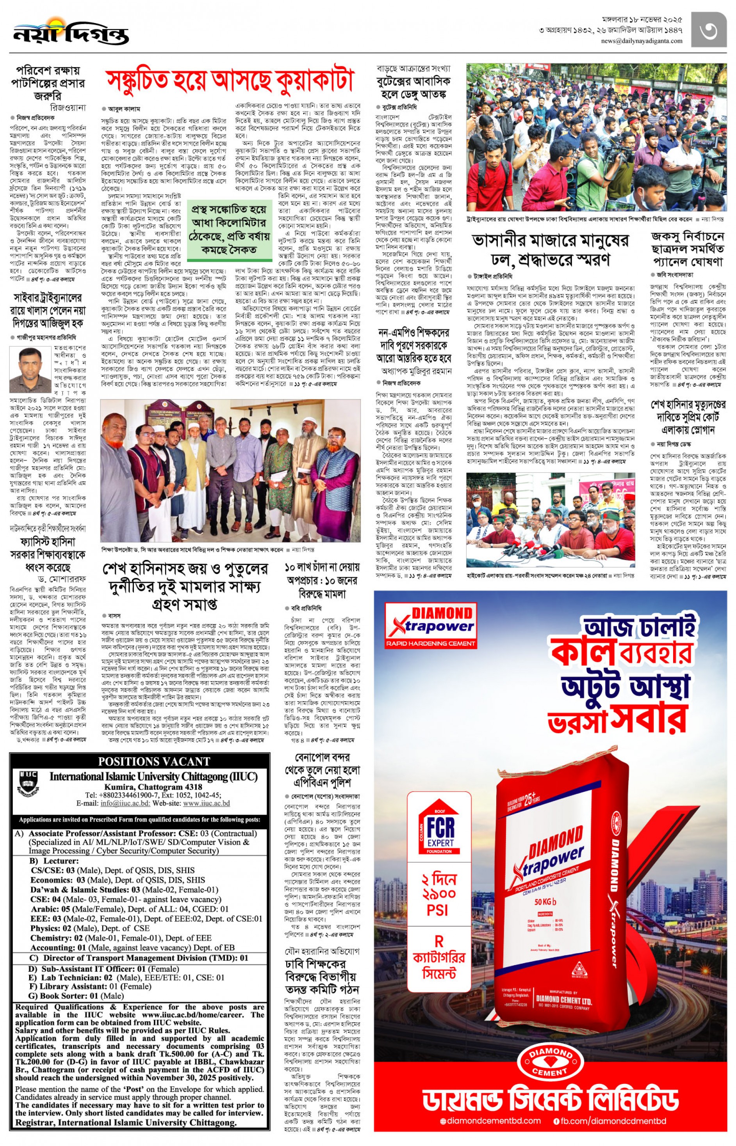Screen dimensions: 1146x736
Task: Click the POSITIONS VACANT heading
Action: click(x=154, y=761)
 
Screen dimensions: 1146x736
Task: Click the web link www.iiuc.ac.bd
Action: click(x=207, y=804)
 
